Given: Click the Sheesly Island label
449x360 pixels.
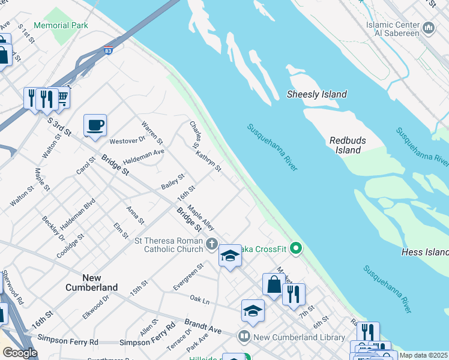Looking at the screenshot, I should (316, 94).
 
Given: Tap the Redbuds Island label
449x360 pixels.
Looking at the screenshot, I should (348, 145).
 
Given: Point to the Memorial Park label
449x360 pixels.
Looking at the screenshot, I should (61, 26).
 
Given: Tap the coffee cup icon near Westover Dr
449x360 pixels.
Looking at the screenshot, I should (95, 126).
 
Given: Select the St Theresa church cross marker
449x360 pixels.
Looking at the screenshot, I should (211, 244).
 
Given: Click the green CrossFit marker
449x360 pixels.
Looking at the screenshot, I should (295, 247).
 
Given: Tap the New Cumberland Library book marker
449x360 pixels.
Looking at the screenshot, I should (244, 337).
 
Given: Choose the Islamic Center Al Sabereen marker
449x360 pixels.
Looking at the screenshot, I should (429, 28).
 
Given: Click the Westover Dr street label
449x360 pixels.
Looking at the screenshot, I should (127, 141).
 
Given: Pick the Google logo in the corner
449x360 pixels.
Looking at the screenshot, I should (20, 353).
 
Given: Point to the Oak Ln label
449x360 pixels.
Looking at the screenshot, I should (199, 298).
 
